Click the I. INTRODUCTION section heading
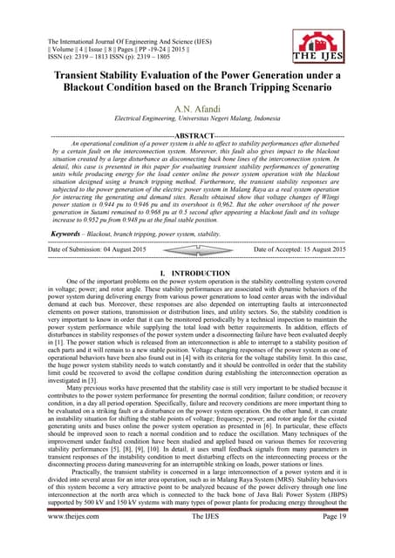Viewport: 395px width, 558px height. coord(197,276)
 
